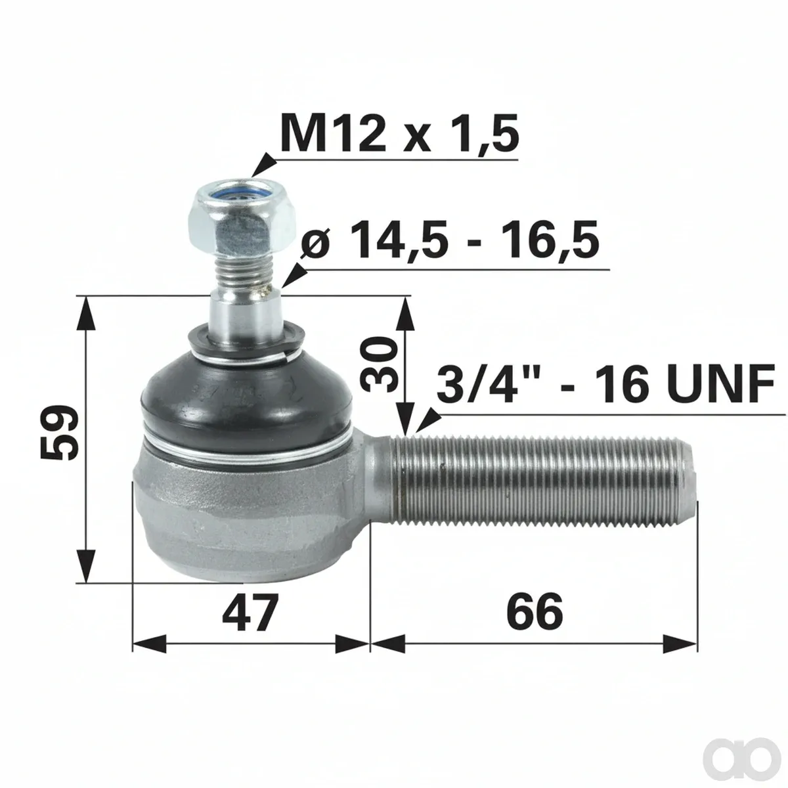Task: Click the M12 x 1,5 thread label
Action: pyautogui.click(x=399, y=133)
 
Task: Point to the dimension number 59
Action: pyautogui.click(x=59, y=432)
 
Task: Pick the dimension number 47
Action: pyautogui.click(x=250, y=613)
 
